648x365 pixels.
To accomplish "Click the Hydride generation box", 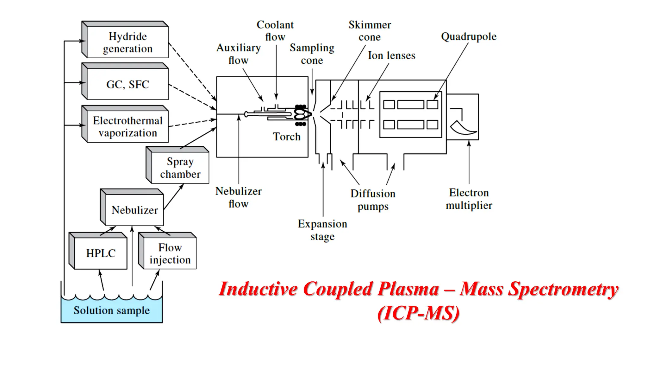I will (x=128, y=42).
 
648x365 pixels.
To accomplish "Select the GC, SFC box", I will (x=128, y=84).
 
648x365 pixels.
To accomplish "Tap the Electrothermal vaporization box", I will (x=128, y=126).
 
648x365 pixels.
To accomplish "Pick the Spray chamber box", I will (x=180, y=168).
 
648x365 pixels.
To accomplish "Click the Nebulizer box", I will (x=134, y=210).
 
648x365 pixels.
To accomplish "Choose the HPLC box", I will (x=101, y=253).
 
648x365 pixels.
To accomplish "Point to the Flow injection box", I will (x=170, y=253).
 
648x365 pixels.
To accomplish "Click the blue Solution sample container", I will (x=111, y=311).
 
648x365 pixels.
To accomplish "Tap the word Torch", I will (x=287, y=137).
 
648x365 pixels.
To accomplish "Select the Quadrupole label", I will (x=469, y=36).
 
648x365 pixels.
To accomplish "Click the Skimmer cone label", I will (x=370, y=31).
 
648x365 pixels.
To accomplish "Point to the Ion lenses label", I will (x=391, y=55).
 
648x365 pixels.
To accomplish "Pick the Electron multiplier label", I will (x=469, y=199).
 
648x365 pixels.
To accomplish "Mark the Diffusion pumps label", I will (x=373, y=200).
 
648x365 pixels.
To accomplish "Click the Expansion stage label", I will (x=322, y=230).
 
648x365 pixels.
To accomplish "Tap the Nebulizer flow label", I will (x=239, y=197).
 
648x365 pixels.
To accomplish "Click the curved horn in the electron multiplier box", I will (x=463, y=128).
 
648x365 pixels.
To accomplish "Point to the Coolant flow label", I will (x=275, y=31).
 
